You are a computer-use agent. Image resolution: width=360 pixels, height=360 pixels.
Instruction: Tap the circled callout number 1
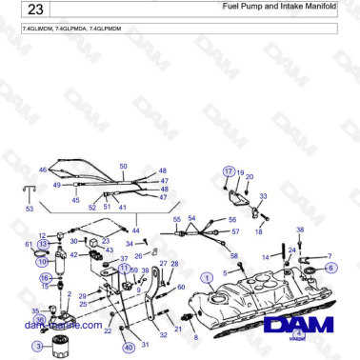207,277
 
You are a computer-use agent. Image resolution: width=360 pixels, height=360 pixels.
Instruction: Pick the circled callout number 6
330,268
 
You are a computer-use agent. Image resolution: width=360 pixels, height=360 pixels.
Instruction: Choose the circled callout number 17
228,170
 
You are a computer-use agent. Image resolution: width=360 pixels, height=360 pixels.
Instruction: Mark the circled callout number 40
129,348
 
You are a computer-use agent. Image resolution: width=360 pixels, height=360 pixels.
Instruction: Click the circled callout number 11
124,269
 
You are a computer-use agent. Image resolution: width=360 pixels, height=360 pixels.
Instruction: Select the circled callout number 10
42,260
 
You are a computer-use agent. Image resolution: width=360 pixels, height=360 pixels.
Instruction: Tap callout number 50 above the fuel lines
123,167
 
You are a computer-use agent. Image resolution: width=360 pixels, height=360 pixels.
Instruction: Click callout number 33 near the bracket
263,196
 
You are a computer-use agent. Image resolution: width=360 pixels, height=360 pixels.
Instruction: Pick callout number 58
234,256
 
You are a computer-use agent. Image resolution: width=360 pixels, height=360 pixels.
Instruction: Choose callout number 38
300,230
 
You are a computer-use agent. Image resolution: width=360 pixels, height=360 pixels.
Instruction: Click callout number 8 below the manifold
196,337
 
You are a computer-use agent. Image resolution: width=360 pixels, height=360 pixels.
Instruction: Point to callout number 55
176,220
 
